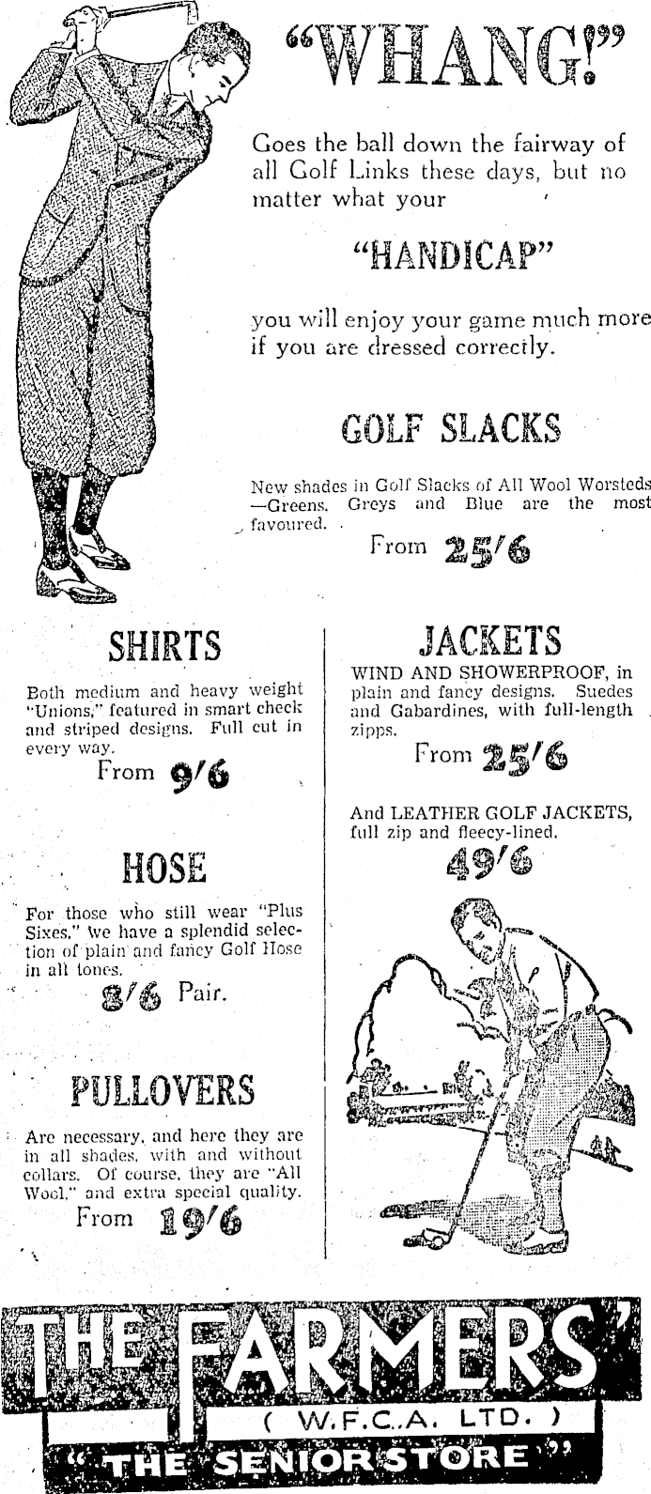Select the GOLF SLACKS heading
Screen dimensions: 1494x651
click(x=450, y=430)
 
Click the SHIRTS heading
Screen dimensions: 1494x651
click(x=164, y=647)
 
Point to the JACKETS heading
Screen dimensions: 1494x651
click(x=489, y=641)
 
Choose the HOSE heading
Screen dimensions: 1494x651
click(x=164, y=867)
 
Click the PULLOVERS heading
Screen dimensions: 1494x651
click(x=163, y=1091)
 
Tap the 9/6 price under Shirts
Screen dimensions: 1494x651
click(x=200, y=776)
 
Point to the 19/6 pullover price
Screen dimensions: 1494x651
click(x=200, y=1222)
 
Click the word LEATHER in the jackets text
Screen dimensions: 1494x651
click(x=432, y=812)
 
